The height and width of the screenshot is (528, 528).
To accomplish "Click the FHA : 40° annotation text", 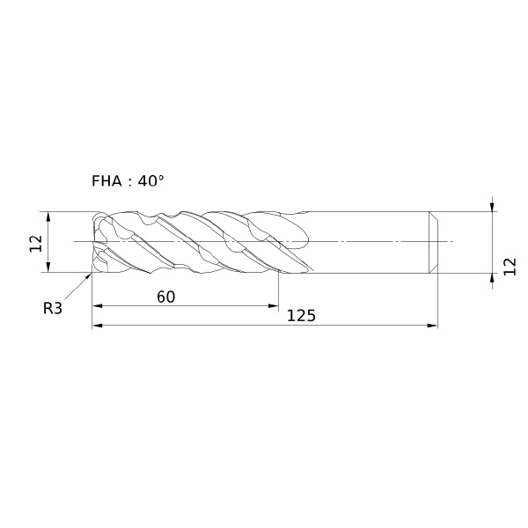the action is tap(128, 181).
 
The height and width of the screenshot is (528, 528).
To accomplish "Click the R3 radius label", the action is tap(53, 308).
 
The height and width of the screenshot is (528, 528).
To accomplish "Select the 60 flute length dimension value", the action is tap(166, 297).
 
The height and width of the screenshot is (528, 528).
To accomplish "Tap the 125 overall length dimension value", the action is tap(301, 316).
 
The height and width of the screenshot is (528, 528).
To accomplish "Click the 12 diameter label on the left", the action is tap(36, 244).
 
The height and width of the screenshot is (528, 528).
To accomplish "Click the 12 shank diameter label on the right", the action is tap(510, 267).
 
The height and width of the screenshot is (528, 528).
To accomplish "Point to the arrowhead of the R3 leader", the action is tap(89, 276).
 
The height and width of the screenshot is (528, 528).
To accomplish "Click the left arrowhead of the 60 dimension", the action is tap(98, 305).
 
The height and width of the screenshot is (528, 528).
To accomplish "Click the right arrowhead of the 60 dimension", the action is tap(273, 305).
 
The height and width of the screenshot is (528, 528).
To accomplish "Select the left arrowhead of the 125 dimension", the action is tap(98, 326).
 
